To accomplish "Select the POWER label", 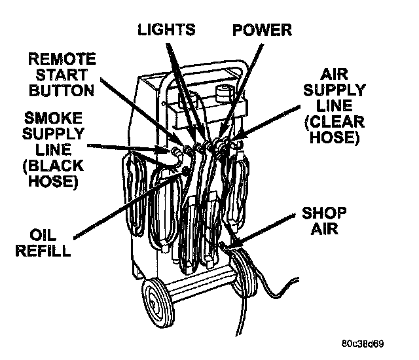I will pos(262,29).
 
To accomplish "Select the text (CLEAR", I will pos(333,122).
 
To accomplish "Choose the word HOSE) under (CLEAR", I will pos(334,138).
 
